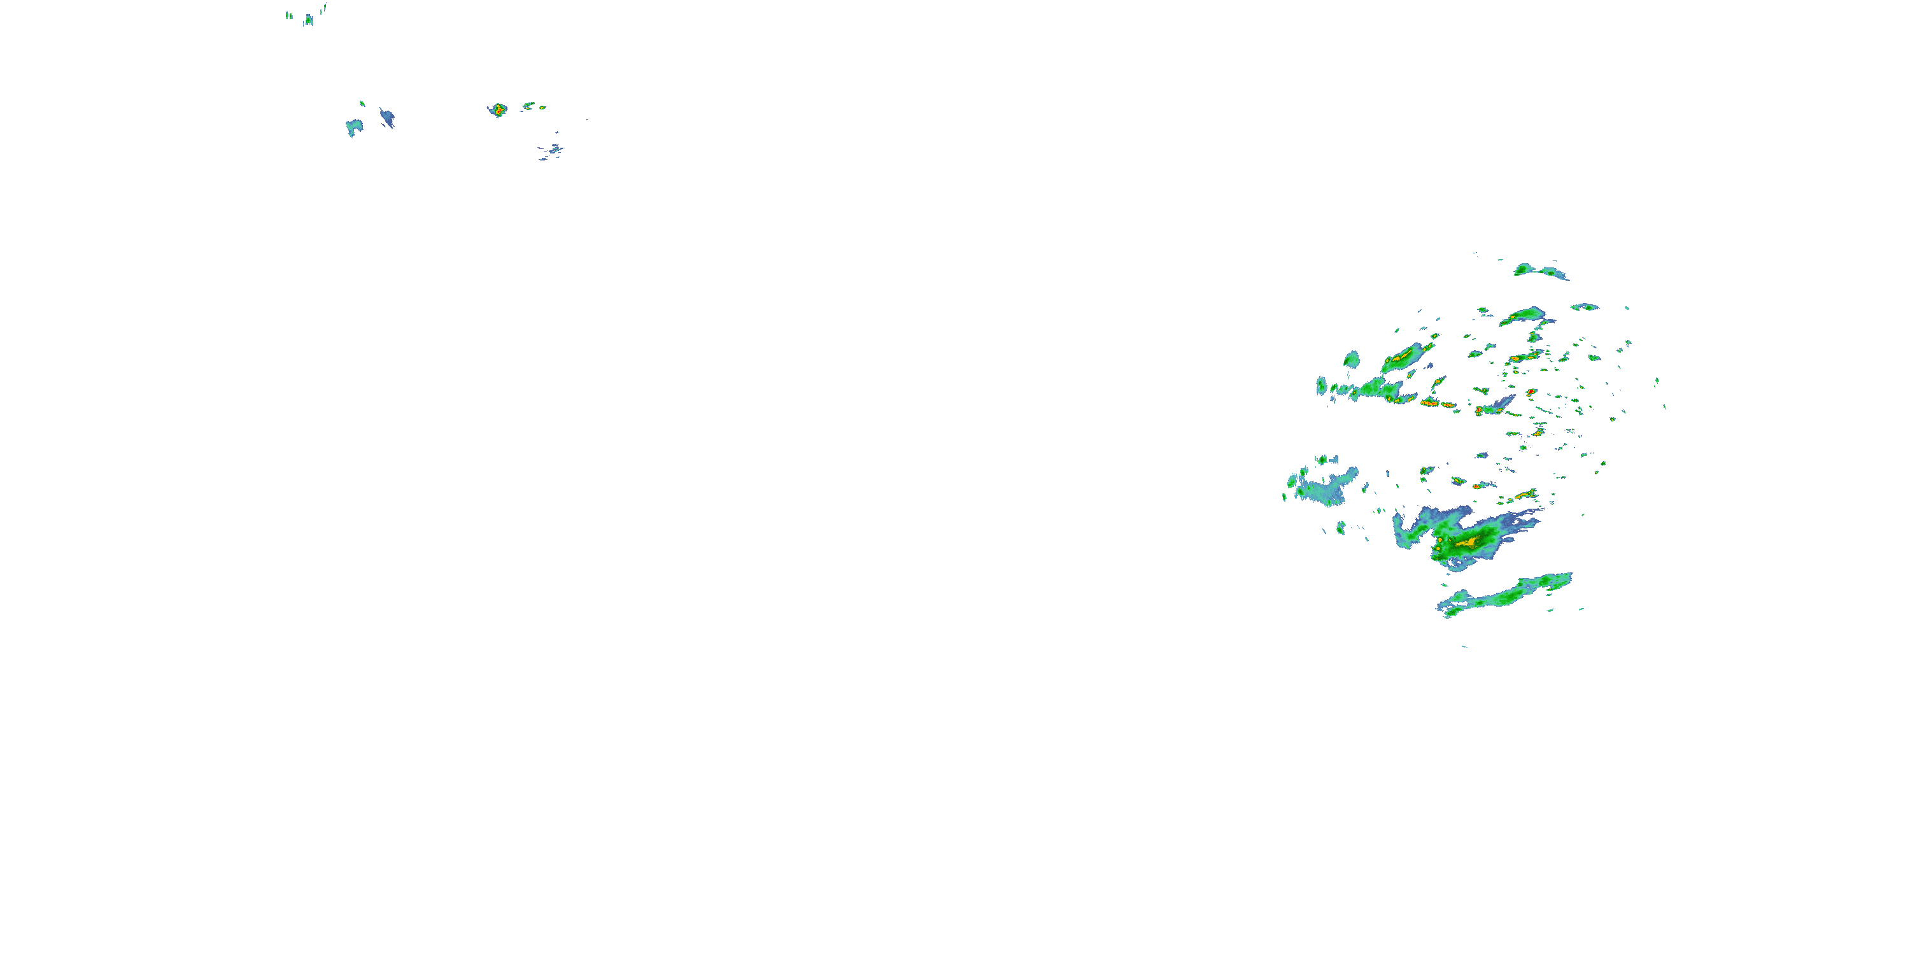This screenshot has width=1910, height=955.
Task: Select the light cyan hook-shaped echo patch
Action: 354,127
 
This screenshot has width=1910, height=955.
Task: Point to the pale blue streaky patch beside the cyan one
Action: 387,117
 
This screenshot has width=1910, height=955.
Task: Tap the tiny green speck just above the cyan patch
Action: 362,103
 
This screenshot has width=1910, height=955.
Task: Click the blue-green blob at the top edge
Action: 308,20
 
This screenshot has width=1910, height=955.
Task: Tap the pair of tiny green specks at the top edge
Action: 289,15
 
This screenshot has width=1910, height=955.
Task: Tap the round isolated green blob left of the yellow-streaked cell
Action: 1352,360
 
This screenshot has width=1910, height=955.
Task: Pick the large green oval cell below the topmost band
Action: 1524,315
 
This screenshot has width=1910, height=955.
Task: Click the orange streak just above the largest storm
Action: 1524,494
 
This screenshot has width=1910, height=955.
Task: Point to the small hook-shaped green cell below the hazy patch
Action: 1341,528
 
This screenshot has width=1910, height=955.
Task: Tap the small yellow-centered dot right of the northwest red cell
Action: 542,108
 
